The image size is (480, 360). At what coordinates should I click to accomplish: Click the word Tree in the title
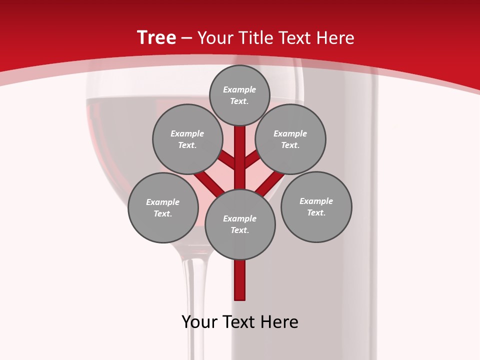156,37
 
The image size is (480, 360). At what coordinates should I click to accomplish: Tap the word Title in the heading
254,38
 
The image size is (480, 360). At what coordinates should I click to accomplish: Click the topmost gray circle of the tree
239,95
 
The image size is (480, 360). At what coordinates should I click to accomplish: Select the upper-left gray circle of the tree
187,139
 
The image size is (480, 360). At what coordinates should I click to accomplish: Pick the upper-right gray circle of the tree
290,139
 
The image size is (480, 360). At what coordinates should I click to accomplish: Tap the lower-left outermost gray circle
163,207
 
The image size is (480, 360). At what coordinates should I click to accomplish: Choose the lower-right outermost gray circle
316,206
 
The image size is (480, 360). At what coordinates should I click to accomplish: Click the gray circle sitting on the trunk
240,224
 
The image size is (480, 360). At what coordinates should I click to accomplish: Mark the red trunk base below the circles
240,280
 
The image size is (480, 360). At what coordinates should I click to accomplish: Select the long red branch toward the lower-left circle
209,183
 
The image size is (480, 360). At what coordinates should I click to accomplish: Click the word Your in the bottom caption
199,322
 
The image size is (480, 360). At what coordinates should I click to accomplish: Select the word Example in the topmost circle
239,90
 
